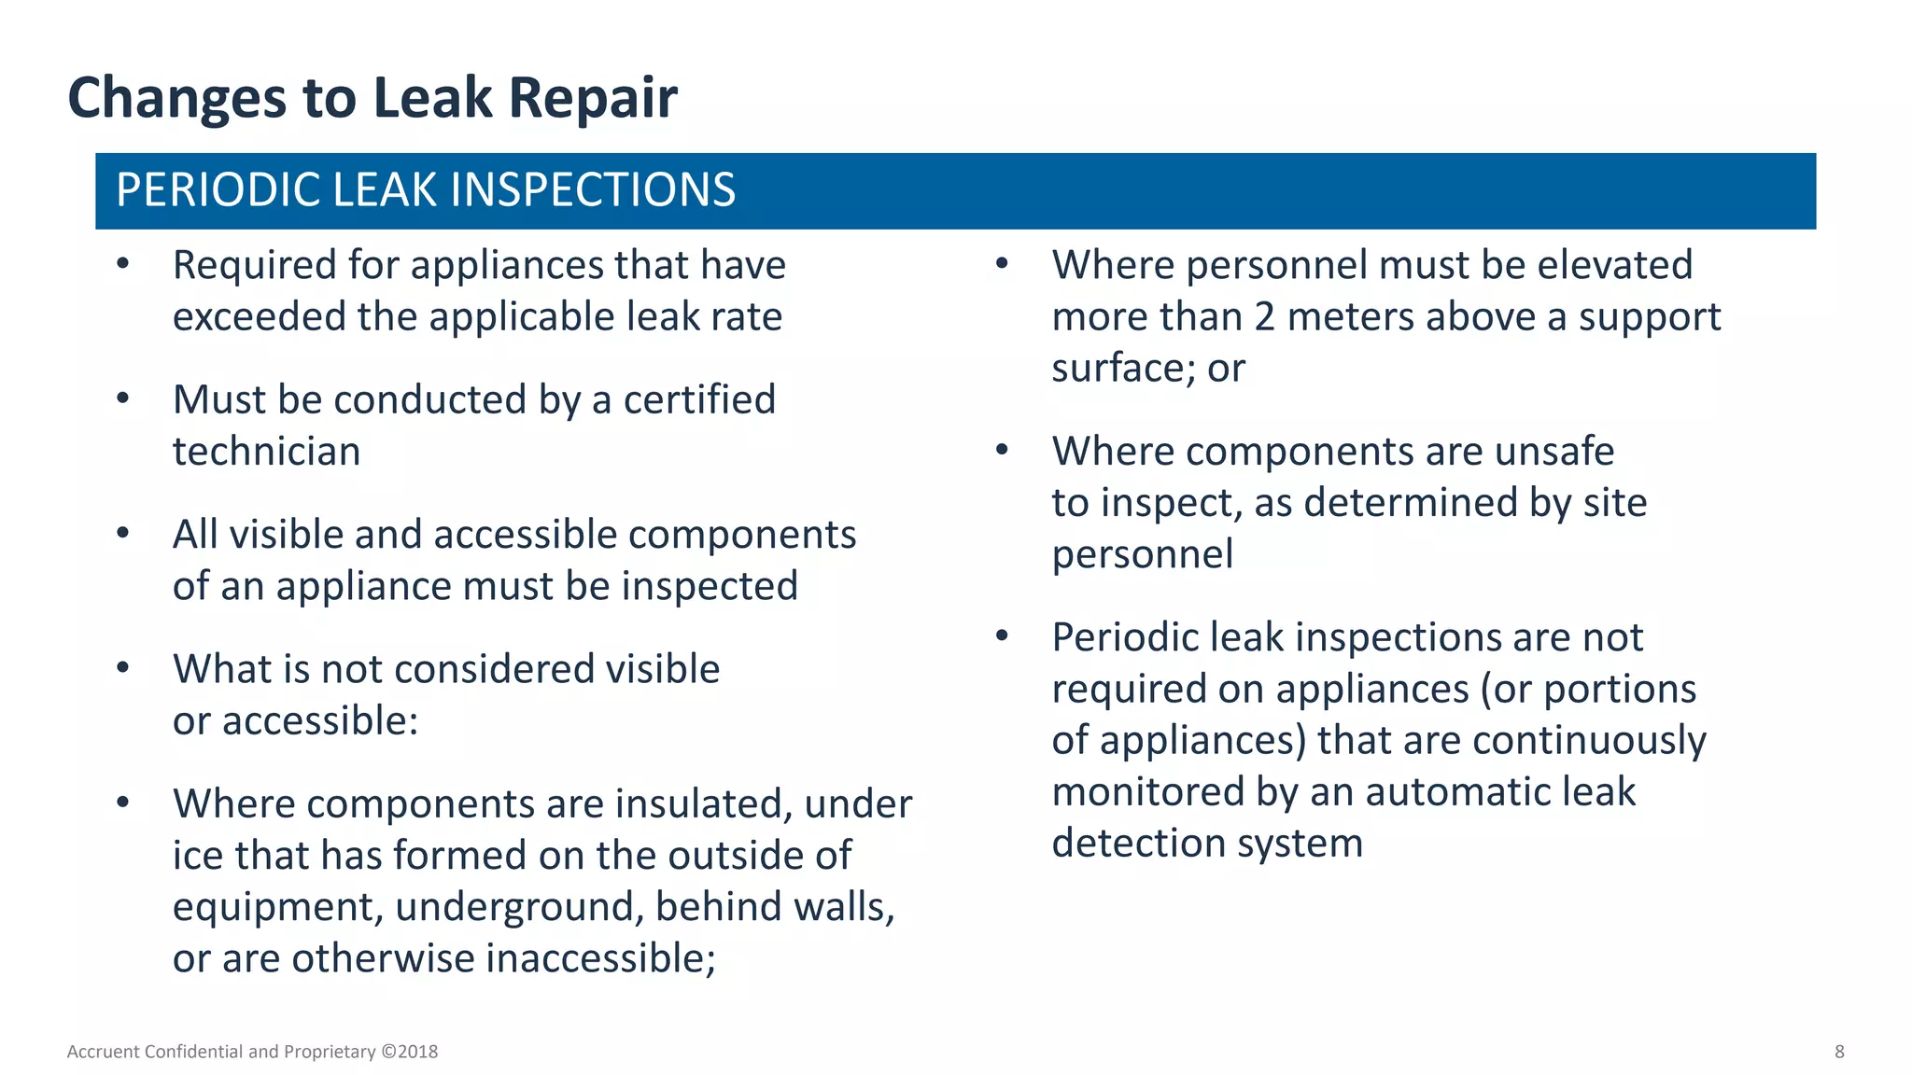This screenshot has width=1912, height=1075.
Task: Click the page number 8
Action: pos(1839,1052)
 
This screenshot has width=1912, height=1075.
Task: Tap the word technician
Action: pos(266,452)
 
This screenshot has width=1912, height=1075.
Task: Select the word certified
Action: pos(699,400)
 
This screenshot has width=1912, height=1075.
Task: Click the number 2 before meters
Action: pos(1264,317)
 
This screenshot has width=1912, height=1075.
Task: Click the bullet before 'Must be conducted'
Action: pos(123,399)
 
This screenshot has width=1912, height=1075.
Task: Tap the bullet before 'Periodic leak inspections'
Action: pos(1002,636)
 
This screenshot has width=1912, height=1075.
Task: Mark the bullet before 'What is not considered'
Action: pos(123,668)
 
